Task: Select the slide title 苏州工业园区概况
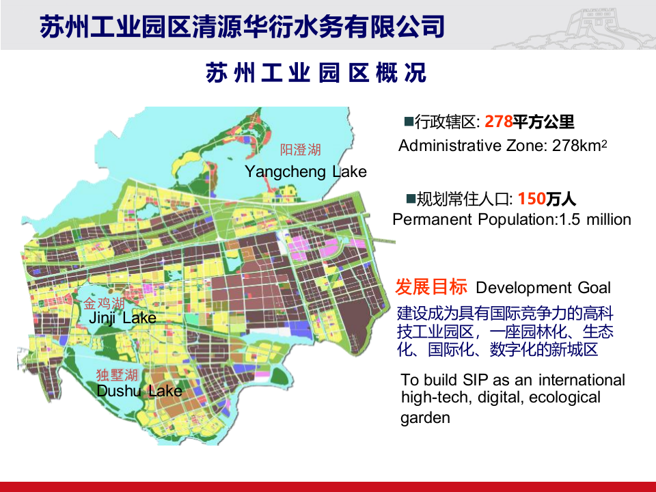pos(316,72)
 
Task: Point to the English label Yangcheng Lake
pos(305,172)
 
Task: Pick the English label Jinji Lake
pos(122,318)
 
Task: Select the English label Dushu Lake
pos(139,391)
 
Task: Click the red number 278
pos(498,122)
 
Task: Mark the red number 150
pos(531,199)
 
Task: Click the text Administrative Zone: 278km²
pos(502,146)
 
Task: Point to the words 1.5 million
pos(595,220)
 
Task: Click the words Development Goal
pos(543,288)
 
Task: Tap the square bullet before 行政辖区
pos(409,122)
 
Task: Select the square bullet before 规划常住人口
pos(411,199)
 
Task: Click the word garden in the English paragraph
pos(425,418)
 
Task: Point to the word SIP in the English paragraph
pos(478,380)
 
